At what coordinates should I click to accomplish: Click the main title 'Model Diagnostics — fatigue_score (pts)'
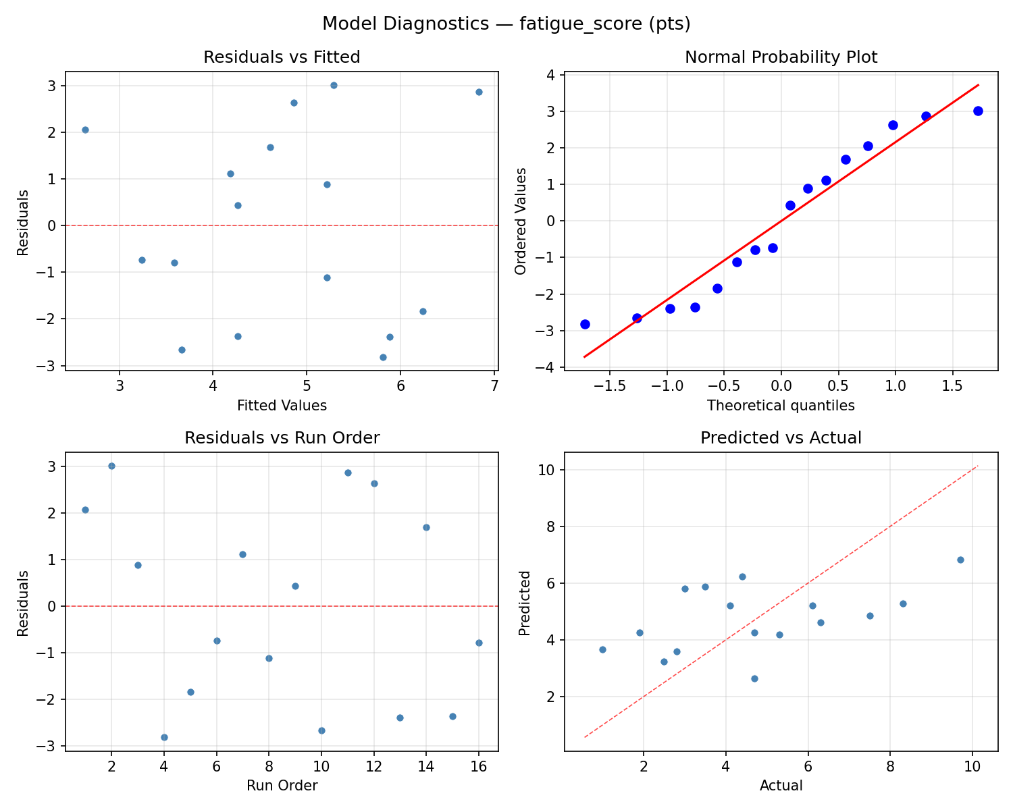click(x=506, y=24)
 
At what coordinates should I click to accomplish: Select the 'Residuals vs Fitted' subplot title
click(x=282, y=57)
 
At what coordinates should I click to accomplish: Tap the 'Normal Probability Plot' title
click(x=781, y=57)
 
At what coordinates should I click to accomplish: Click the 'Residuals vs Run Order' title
click(x=282, y=438)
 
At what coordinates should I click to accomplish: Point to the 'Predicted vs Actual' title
click(x=781, y=438)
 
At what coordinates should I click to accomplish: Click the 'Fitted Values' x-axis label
click(x=282, y=406)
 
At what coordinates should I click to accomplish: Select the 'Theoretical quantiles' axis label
click(x=781, y=406)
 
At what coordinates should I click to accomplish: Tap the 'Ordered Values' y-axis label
click(x=520, y=221)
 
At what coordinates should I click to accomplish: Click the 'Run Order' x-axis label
click(x=282, y=786)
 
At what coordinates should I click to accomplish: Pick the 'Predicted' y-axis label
click(x=524, y=602)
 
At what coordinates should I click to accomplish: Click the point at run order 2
click(x=111, y=466)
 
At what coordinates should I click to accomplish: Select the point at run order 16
click(x=479, y=643)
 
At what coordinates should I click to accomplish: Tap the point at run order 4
click(x=164, y=737)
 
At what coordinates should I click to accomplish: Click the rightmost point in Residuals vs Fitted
click(x=479, y=92)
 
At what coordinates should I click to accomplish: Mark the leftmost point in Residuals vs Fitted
click(x=85, y=130)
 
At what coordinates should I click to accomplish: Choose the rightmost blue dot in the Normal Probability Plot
click(x=978, y=111)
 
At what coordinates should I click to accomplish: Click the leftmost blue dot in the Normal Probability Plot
click(x=585, y=324)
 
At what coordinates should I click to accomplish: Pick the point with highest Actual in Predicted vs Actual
click(x=960, y=560)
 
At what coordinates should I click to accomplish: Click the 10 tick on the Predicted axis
click(x=547, y=470)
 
